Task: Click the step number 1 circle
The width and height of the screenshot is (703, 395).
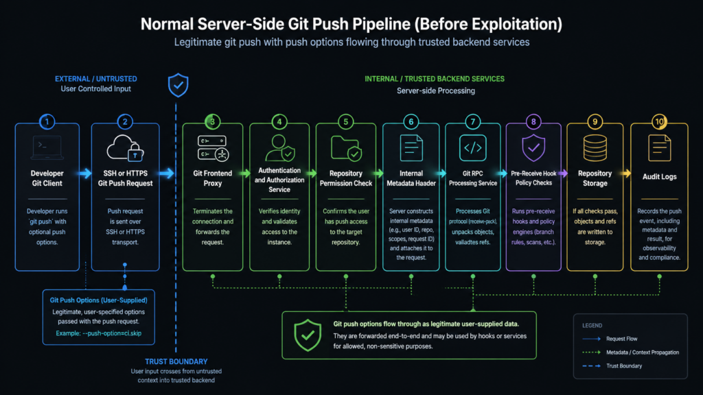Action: (x=47, y=122)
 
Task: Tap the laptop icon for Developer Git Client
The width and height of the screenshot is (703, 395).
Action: (x=47, y=147)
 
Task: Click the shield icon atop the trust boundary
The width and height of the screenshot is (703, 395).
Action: (x=178, y=86)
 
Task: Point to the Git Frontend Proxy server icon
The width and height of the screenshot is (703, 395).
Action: (x=212, y=148)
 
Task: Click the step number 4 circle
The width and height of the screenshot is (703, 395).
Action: (x=279, y=122)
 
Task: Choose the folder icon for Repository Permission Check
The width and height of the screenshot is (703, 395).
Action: (x=345, y=148)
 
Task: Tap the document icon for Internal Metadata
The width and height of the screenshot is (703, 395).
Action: (x=411, y=148)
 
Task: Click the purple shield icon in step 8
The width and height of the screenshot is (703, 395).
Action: (x=533, y=148)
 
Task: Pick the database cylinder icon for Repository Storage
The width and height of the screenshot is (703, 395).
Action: (x=595, y=148)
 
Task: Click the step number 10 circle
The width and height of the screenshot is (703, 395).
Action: (x=659, y=122)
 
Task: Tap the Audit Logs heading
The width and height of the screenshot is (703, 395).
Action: (x=659, y=177)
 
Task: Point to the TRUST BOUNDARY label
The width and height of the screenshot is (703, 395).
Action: (x=176, y=361)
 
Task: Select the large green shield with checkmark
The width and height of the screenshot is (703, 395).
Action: (x=307, y=335)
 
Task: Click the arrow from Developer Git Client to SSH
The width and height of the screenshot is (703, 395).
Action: (x=87, y=174)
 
